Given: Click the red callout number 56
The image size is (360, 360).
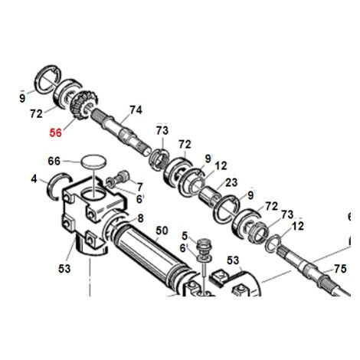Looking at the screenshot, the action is click(x=56, y=133).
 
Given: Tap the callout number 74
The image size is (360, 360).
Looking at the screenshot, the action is click(x=136, y=110).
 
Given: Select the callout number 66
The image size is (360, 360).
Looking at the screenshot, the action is click(x=54, y=161).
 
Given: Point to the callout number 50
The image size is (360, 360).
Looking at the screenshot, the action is click(x=162, y=231).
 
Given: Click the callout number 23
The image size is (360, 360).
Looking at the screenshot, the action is click(x=231, y=182).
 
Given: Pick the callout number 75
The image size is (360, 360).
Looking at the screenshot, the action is click(x=340, y=269).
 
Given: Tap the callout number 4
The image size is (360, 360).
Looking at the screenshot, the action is click(x=34, y=179).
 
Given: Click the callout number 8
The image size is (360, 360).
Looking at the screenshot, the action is click(x=140, y=218).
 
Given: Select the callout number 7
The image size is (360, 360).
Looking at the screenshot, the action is click(x=139, y=187).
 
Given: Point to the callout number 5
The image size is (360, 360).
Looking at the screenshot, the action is click(x=185, y=236).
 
